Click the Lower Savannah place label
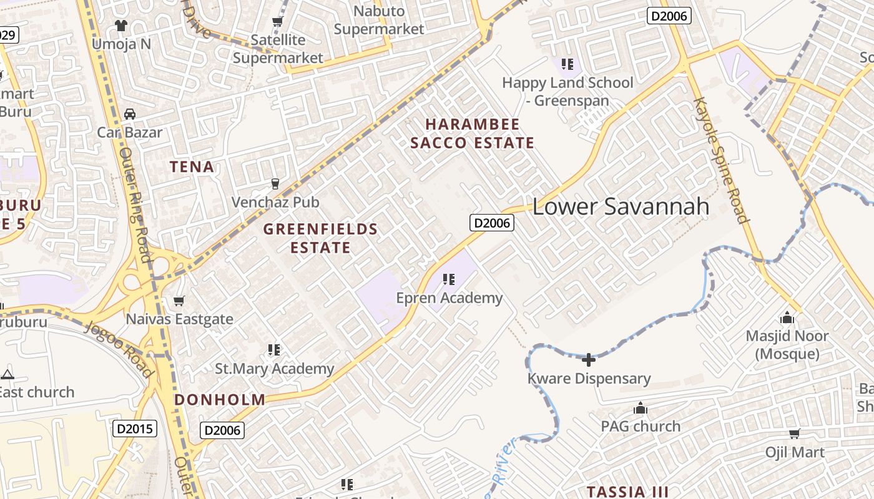(621, 207)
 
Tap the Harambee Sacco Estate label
(472, 133)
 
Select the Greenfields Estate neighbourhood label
(320, 238)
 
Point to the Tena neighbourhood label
(192, 167)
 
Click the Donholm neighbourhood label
(220, 400)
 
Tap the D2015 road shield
(135, 429)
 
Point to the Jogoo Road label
(119, 349)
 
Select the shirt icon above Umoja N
(120, 26)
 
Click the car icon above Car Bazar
(130, 114)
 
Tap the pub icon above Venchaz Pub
(275, 183)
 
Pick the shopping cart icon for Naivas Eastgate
(179, 301)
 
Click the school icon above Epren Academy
(448, 279)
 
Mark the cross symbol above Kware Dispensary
(588, 359)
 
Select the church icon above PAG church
(641, 409)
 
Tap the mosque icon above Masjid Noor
(787, 318)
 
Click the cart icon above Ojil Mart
(794, 434)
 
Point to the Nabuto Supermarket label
(379, 20)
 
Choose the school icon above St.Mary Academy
(274, 350)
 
